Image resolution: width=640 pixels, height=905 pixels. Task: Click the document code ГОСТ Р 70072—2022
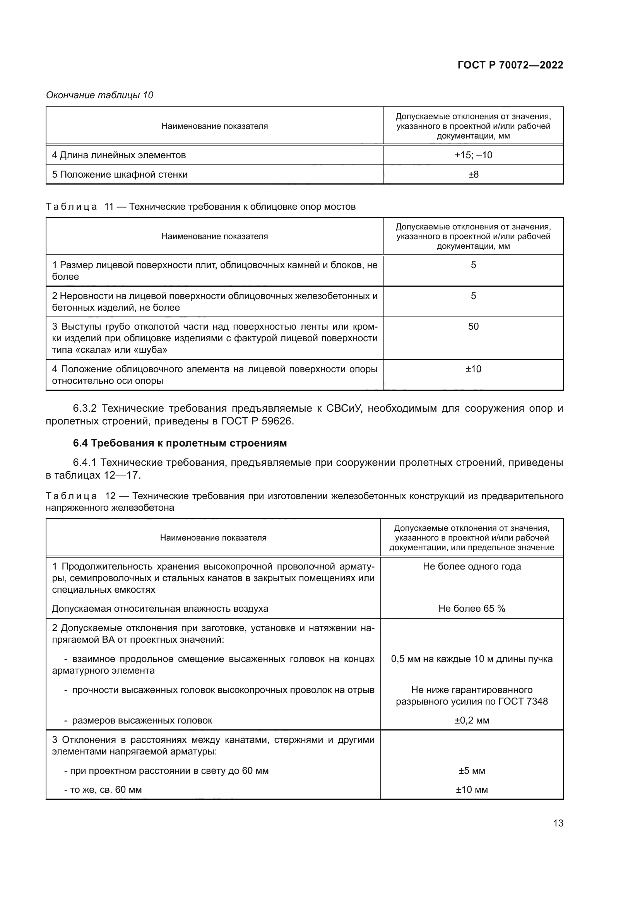[x=510, y=65]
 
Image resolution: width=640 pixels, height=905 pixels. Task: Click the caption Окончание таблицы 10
[x=100, y=95]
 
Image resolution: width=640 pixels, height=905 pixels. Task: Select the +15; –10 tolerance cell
[x=473, y=155]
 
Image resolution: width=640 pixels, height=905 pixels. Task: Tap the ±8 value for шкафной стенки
[x=473, y=174]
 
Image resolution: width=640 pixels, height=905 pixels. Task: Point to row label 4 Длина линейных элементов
[x=119, y=155]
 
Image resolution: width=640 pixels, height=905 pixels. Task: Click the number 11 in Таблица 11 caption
[x=109, y=207]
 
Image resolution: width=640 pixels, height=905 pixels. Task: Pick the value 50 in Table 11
[x=473, y=327]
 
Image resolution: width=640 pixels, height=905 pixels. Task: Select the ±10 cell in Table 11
[x=473, y=369]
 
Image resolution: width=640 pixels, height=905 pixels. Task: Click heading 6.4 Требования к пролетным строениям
[x=180, y=443]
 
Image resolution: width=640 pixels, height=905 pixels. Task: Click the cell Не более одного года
[x=472, y=566]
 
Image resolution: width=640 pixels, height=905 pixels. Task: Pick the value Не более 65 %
[x=472, y=608]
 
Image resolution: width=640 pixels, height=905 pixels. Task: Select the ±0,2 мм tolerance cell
[x=472, y=720]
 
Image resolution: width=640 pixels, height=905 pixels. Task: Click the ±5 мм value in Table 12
[x=472, y=771]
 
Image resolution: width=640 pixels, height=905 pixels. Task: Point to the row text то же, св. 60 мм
[x=106, y=790]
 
